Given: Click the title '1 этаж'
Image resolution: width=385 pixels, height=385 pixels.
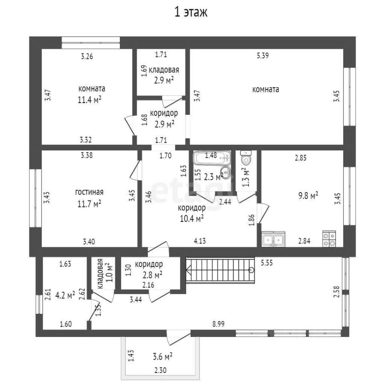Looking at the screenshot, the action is pos(190,12).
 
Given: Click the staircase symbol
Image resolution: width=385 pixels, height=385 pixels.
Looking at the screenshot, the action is pos(220,270).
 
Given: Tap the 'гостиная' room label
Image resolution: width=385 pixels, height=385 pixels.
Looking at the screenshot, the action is pos(89,192).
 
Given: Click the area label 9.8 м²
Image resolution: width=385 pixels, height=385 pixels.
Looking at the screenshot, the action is pos(308,195).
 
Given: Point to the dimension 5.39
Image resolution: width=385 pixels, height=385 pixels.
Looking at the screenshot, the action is pos(262,56).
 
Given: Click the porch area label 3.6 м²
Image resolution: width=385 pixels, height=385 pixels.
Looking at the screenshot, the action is pos(162,356).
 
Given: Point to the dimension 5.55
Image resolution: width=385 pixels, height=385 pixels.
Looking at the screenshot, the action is pos(267,263).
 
